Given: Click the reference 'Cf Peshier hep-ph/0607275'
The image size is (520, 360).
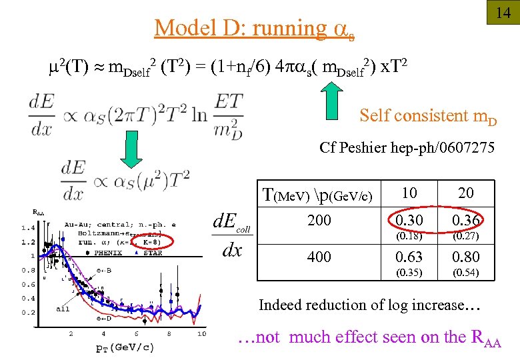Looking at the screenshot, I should coord(407,147).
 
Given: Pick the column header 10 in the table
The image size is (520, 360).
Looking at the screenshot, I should coord(409,193).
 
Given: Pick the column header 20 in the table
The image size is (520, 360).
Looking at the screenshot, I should coord(466,193).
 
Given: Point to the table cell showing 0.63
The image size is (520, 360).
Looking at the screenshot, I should coord(409,257).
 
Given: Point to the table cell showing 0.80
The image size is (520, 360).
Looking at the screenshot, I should coord(466,257).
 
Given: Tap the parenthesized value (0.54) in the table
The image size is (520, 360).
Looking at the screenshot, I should coord(466,272).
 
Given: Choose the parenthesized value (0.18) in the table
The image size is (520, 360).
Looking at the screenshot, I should coord(409,236).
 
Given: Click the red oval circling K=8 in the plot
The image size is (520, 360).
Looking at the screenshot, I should coord(149,241).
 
